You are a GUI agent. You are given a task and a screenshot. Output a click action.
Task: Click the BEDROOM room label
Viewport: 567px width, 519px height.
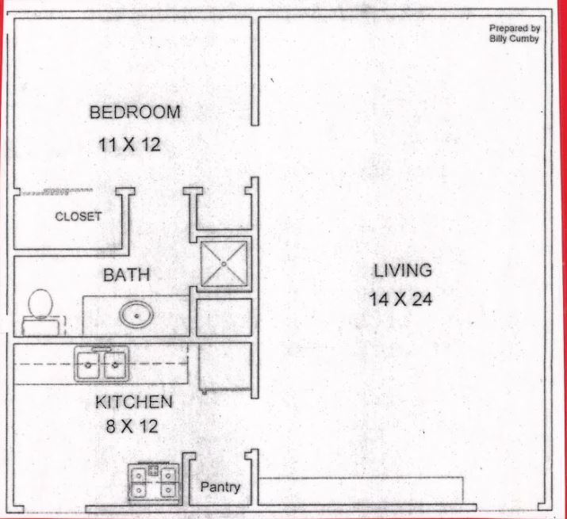[x=135, y=112]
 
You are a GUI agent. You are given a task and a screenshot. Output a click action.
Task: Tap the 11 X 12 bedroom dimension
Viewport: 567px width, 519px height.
[x=129, y=145]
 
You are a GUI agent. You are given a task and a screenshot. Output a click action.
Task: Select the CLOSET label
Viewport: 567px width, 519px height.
[x=78, y=216]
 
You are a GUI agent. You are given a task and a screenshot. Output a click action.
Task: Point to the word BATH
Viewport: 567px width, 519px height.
[x=127, y=275]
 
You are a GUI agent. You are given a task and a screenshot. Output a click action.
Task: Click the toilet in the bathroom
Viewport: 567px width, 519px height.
[x=41, y=311]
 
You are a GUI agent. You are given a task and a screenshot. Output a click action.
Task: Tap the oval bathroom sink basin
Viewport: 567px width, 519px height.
[x=136, y=315]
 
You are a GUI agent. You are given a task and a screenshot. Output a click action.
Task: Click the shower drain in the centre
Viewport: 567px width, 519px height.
[x=224, y=264]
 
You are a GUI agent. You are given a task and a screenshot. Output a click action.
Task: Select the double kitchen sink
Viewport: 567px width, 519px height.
[x=102, y=364]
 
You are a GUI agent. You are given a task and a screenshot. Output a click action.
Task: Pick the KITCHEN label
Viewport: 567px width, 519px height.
[x=134, y=403]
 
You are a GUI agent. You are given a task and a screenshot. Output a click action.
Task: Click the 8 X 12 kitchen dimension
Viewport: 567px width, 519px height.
[x=132, y=426]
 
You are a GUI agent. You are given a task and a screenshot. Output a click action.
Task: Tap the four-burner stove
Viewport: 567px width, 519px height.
[x=154, y=481]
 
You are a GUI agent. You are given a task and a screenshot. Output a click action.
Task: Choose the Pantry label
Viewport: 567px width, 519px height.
[x=220, y=487]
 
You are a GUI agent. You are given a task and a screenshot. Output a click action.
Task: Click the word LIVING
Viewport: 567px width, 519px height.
[x=403, y=271]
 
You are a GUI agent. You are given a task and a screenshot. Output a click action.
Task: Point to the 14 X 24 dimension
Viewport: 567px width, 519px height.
[x=400, y=300]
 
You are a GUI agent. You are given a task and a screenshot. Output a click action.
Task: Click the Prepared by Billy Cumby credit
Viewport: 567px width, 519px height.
[x=515, y=33]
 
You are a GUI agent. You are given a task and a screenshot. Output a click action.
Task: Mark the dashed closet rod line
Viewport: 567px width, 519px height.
[x=56, y=191]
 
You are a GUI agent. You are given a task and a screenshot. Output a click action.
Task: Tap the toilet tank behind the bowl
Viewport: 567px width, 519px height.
[x=41, y=326]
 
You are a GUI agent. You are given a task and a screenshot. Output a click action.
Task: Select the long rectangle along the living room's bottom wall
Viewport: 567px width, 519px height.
[x=362, y=490]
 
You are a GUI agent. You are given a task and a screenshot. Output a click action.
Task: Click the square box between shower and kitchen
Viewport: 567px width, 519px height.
[x=224, y=317]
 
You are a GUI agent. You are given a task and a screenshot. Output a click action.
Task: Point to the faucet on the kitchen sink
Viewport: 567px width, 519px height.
[x=102, y=349]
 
